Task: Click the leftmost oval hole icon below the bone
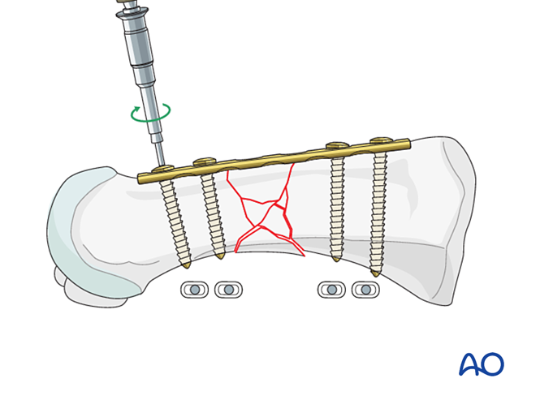point(194,290)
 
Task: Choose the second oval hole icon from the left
point(229,290)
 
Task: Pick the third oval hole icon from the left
point(331,290)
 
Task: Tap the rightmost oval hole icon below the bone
point(365,290)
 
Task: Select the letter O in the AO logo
point(493,364)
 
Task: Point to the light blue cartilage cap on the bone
point(77,235)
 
